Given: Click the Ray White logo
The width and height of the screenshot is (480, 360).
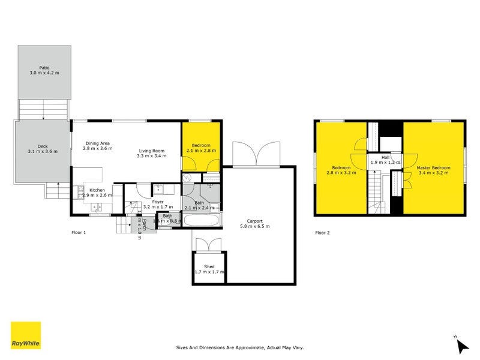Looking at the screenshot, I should (x=26, y=335).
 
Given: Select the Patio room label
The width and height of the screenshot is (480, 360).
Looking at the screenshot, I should (x=44, y=68).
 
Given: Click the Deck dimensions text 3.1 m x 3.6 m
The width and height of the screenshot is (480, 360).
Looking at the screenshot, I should (x=43, y=151).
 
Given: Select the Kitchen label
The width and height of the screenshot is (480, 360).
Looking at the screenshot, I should (x=97, y=190).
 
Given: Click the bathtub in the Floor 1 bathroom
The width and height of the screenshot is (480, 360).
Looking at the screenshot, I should (x=201, y=220).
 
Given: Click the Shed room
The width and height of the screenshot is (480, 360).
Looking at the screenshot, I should (x=208, y=268).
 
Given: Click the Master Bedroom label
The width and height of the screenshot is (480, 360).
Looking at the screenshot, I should (x=433, y=167).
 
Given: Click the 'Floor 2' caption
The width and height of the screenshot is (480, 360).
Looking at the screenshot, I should (x=322, y=232).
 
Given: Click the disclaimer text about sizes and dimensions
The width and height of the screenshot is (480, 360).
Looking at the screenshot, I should (x=240, y=347).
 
